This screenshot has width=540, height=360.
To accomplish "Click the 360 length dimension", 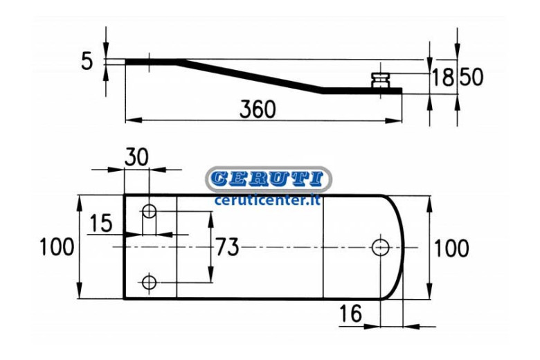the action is pos(258,109).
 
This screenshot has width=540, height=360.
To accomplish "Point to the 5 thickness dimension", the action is pos(87,62).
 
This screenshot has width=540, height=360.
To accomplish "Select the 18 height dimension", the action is pos(443,77).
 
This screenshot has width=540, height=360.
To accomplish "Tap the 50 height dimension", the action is pos(471,77).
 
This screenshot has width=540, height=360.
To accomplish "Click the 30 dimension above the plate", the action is pos(136,157).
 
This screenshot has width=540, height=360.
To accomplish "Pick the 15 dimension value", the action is pos(101,223).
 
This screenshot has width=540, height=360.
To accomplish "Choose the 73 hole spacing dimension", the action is pos(227,247).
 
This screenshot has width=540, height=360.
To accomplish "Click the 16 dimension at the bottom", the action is pos(350,313).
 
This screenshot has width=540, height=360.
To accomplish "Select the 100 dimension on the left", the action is pos(57,247).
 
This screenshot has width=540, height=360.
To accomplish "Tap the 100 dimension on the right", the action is pos(451,248).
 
